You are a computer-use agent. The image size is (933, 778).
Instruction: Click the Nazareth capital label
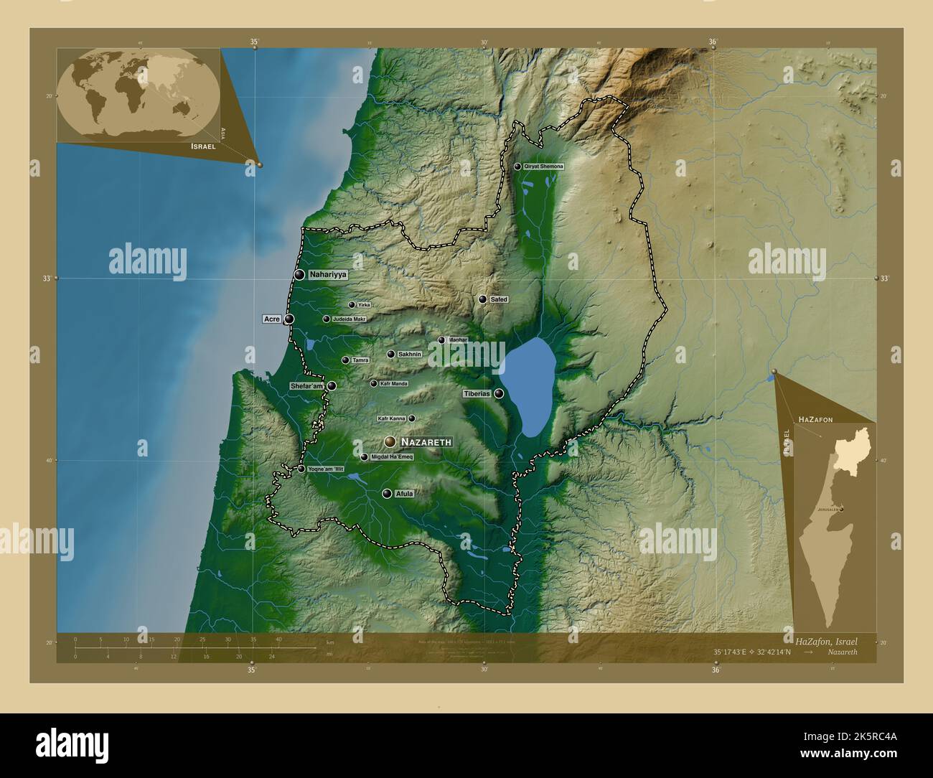pyautogui.click(x=426, y=442)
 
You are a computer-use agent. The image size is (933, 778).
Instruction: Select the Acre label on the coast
pyautogui.click(x=271, y=319)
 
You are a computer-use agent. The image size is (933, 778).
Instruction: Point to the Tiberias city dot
pyautogui.click(x=499, y=393)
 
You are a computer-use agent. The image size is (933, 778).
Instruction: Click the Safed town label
pyautogui.click(x=499, y=299)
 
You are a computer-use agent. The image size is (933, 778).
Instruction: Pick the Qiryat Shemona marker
pyautogui.click(x=517, y=167)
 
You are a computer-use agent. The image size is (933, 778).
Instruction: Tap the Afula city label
pyautogui.click(x=405, y=494)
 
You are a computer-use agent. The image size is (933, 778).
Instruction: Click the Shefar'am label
pyautogui.click(x=308, y=386)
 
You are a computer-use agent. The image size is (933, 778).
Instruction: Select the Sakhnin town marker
pyautogui.click(x=391, y=354)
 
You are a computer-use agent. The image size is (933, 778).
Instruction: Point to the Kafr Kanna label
pyautogui.click(x=392, y=418)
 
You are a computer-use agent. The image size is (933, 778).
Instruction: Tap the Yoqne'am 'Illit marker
pyautogui.click(x=301, y=469)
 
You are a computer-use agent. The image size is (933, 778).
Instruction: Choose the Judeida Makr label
pyautogui.click(x=350, y=319)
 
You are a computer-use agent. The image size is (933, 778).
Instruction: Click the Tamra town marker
pyautogui.click(x=345, y=360)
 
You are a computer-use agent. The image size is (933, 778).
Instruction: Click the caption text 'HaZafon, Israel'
pyautogui.click(x=825, y=639)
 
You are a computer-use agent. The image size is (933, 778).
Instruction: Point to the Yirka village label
pyautogui.click(x=364, y=305)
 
